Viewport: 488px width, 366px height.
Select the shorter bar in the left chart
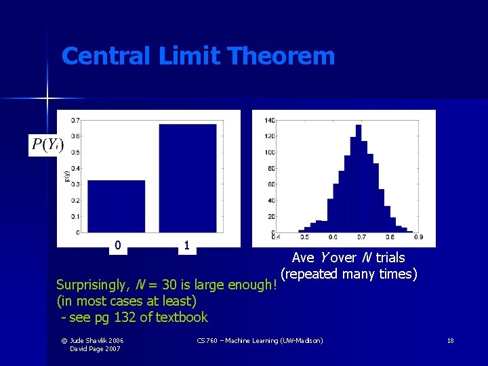[x=117, y=207]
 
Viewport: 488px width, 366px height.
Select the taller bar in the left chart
[x=187, y=178]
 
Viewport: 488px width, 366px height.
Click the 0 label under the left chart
[x=118, y=245]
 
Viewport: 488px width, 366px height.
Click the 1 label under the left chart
[x=186, y=245]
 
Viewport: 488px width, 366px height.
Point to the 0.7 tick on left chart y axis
[x=75, y=121]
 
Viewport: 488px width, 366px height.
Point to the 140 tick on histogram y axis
[x=270, y=121]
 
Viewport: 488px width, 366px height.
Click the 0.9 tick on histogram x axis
[x=419, y=237]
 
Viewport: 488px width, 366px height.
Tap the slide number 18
[x=450, y=340]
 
